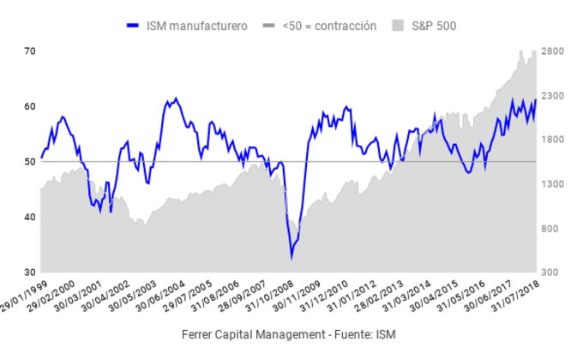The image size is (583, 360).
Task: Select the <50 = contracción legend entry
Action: point(329,26)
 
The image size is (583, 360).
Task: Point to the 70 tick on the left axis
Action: point(29,51)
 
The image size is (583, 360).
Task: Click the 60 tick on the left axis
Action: point(29,106)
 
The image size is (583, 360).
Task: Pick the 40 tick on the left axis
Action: point(29,217)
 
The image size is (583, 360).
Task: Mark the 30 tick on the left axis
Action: point(29,272)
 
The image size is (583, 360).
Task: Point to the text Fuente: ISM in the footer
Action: point(361,333)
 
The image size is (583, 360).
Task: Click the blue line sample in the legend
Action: point(135,26)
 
